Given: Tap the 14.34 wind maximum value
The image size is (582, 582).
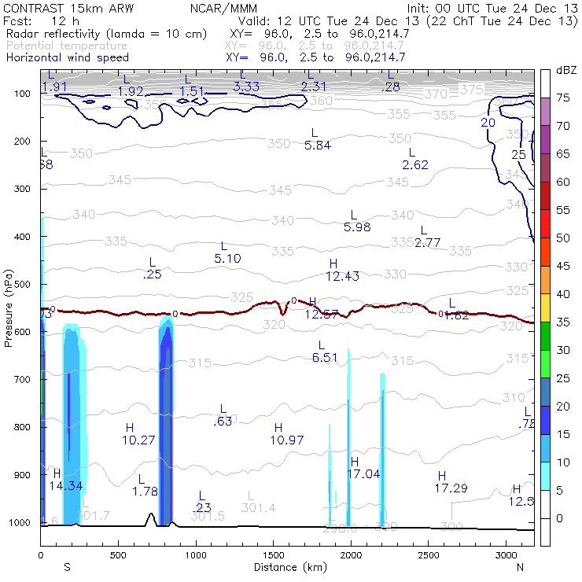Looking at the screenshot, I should (65, 486).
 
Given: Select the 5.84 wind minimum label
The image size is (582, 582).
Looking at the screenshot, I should (318, 145).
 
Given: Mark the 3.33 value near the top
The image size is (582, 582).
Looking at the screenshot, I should (246, 87).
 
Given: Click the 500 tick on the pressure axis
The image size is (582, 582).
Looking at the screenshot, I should (22, 285).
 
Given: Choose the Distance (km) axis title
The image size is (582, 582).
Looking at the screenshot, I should (287, 567).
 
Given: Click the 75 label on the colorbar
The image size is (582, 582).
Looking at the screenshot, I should (563, 98).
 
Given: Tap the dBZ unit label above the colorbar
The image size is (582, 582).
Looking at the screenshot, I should (565, 70).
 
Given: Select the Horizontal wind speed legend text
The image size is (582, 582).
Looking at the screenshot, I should (67, 57).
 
